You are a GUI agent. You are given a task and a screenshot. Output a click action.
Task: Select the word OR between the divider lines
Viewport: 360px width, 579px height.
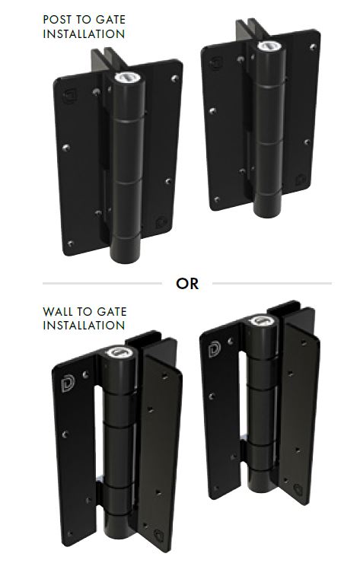click(x=187, y=284)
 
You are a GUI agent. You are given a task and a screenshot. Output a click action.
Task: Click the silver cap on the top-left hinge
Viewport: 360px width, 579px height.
click(x=125, y=78)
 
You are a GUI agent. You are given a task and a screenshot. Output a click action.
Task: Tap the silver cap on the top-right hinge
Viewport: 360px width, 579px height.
click(x=268, y=46)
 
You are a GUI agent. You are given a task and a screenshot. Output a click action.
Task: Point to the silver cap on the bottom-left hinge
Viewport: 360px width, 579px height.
click(x=118, y=352)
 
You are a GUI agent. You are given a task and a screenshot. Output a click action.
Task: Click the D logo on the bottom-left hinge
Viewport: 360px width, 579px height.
click(x=68, y=383)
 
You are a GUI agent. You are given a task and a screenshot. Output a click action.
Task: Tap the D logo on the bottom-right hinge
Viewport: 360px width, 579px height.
click(x=214, y=350)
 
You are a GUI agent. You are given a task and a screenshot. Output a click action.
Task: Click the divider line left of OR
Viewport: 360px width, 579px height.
click(x=102, y=284)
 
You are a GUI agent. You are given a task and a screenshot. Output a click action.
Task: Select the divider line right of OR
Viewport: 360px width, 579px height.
click(x=272, y=284)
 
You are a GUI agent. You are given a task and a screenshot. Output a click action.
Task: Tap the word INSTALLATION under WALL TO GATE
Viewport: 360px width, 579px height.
click(x=84, y=326)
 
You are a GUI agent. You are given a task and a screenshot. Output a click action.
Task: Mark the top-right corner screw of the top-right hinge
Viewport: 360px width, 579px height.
click(x=313, y=47)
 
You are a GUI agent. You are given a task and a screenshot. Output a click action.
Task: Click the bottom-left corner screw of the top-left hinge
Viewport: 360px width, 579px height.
click(x=71, y=243)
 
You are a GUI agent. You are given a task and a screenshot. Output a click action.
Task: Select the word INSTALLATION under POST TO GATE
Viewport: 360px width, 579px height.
click(x=84, y=34)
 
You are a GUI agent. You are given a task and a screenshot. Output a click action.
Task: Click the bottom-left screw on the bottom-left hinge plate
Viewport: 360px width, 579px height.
click(x=70, y=533)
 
